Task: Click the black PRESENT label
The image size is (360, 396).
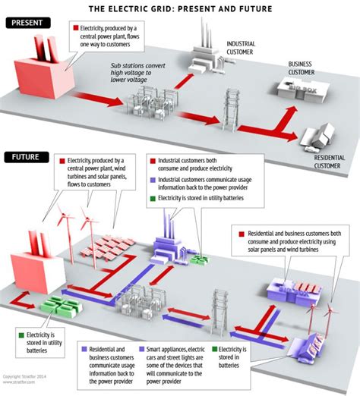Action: [30, 24]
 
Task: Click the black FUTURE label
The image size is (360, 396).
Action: [28, 158]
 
